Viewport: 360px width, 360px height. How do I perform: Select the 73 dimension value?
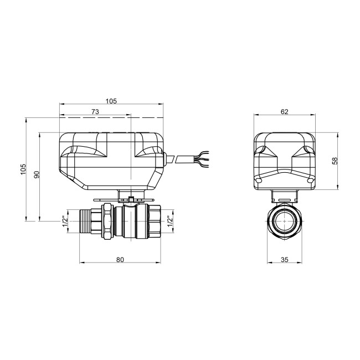pyautogui.click(x=95, y=112)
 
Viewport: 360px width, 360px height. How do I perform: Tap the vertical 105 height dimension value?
pyautogui.click(x=23, y=169)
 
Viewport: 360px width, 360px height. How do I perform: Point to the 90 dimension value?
pyautogui.click(x=37, y=175)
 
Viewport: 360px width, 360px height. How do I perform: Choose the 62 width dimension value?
pyautogui.click(x=284, y=111)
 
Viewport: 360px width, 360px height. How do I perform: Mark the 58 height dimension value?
pyautogui.click(x=334, y=161)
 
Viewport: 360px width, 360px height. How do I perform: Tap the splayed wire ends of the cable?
pyautogui.click(x=202, y=159)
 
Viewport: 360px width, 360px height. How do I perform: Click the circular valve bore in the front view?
pyautogui.click(x=284, y=220)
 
